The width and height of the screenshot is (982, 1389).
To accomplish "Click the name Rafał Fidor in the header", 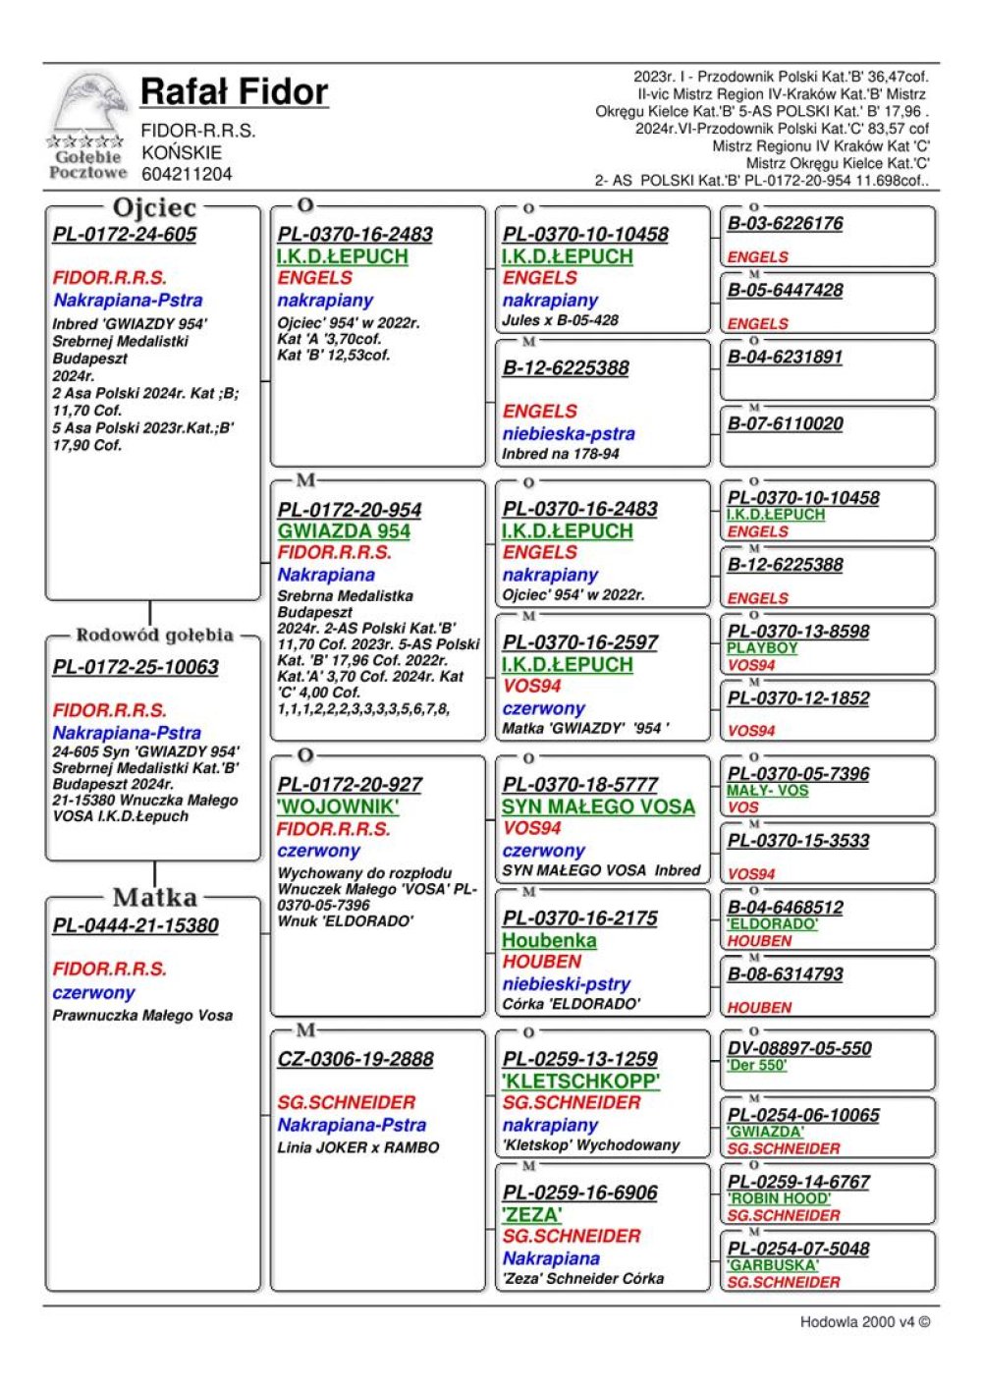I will [x=234, y=92].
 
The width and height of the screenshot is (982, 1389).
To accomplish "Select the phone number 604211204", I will [x=187, y=174].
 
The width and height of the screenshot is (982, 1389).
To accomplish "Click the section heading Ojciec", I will [x=154, y=208].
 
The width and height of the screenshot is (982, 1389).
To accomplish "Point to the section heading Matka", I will [x=154, y=897].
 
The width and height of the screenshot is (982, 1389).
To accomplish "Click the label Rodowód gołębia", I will [x=154, y=635].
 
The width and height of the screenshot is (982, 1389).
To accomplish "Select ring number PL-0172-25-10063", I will [x=136, y=667].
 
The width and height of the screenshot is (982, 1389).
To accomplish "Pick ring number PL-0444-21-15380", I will [x=136, y=925].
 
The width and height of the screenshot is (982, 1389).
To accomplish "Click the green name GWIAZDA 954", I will [x=344, y=531].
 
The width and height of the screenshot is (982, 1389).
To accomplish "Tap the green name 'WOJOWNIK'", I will [x=338, y=806].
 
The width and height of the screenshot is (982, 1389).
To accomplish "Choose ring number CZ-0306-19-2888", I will [x=355, y=1059].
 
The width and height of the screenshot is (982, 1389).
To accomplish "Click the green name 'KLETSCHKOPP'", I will [x=581, y=1081].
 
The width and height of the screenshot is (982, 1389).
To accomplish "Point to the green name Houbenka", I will [x=549, y=940].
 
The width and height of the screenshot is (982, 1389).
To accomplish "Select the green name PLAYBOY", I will [x=762, y=648].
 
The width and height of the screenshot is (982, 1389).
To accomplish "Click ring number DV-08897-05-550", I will [x=798, y=1048].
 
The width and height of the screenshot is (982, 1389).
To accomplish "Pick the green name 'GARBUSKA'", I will [x=772, y=1265].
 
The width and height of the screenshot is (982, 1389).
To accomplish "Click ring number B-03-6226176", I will [x=785, y=223].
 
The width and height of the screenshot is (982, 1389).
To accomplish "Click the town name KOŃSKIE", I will [x=182, y=152].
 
